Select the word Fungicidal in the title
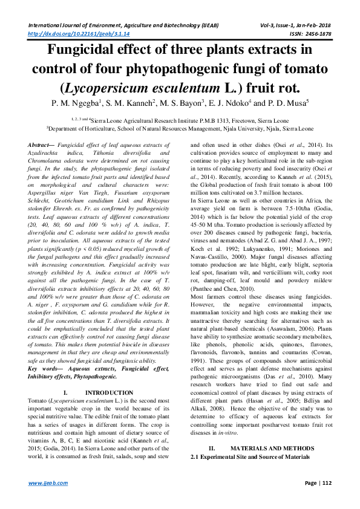[x=85, y=50]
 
